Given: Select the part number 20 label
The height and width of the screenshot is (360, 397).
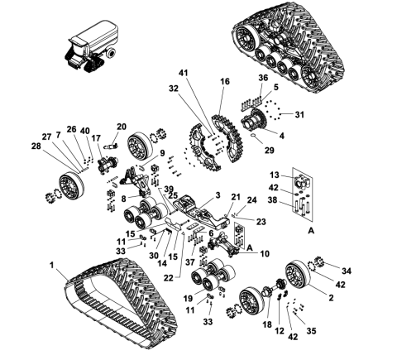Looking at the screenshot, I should coord(122,127).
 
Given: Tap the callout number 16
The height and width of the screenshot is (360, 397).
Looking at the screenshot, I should coord(225,81).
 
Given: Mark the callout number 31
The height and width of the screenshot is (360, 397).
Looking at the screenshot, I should coord(300,114).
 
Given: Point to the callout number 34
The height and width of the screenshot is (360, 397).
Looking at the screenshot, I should coord(346,270).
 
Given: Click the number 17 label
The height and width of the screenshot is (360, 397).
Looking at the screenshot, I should coord(97,137).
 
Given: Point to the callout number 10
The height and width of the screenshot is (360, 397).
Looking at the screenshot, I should coord(265,253).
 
